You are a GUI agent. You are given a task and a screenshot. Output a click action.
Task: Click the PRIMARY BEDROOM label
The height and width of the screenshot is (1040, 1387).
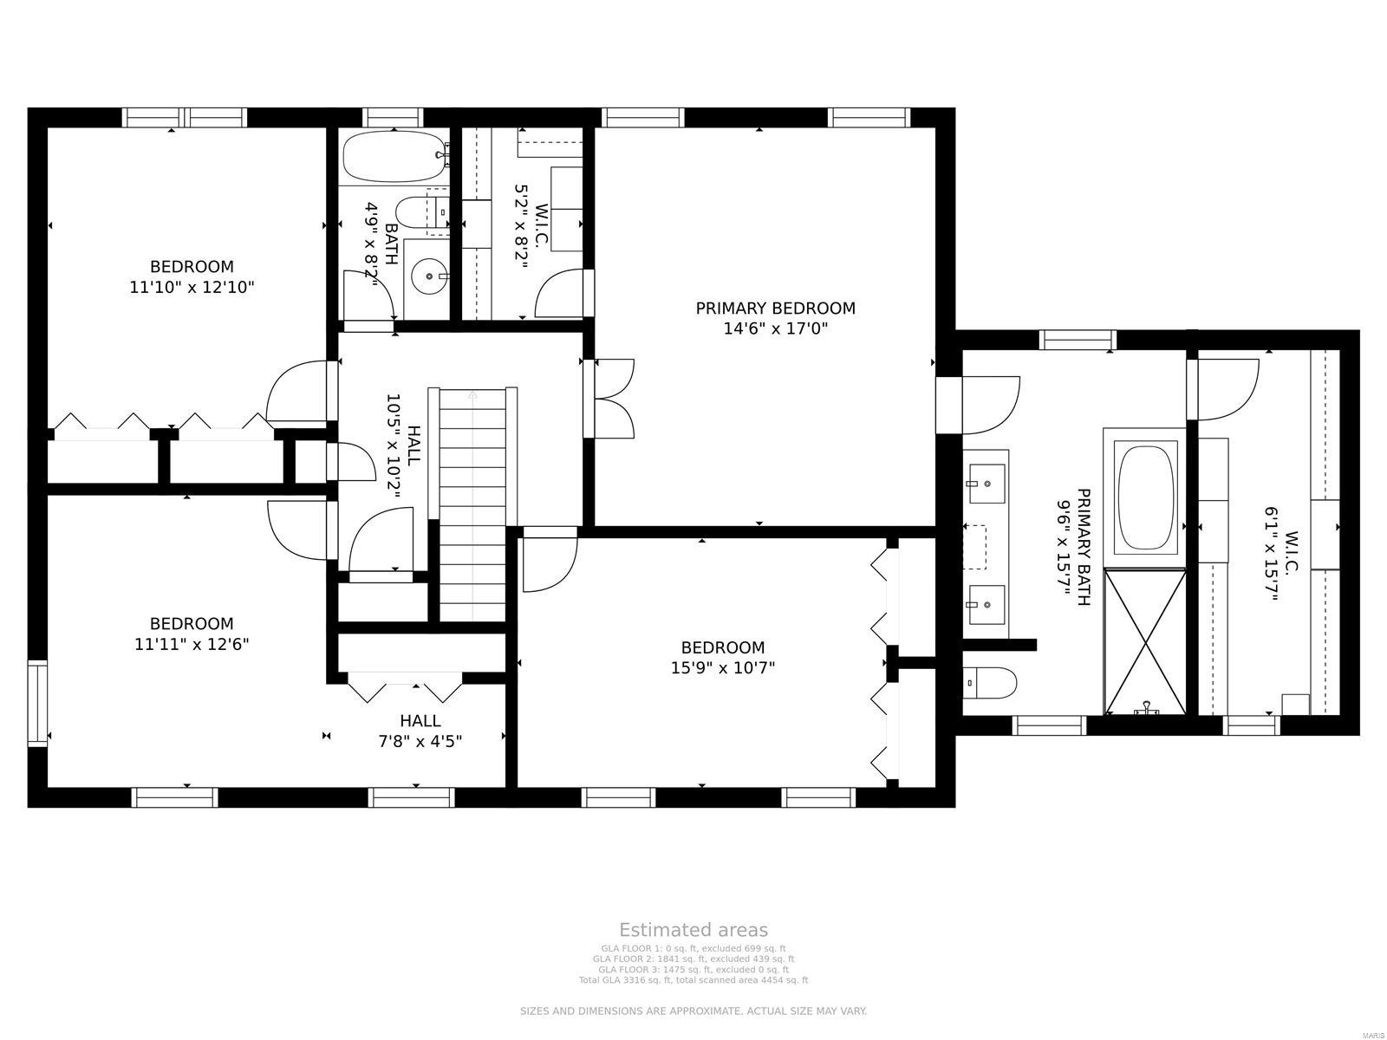coord(775,309)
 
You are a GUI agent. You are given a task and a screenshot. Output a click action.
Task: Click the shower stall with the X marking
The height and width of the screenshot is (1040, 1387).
coord(1145,641)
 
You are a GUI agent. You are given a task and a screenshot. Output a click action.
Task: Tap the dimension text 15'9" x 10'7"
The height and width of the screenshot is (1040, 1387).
coord(722,668)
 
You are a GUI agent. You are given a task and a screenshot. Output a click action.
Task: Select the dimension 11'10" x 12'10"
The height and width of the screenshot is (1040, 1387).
coord(192,287)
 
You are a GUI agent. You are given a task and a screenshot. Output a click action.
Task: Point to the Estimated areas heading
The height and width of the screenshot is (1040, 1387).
coord(693,930)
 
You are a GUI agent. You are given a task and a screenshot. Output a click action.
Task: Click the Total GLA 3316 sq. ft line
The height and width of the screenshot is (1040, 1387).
coord(693,980)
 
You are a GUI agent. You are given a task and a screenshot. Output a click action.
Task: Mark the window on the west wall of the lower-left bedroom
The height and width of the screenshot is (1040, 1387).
coord(37,703)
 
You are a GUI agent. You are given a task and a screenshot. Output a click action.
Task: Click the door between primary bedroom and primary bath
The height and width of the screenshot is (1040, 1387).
coord(988,404)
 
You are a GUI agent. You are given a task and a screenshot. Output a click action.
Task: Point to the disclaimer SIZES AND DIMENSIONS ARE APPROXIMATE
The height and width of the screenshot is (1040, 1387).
coord(693,1011)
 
